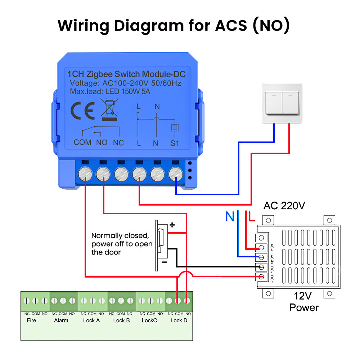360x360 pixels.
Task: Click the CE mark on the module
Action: [x=83, y=111]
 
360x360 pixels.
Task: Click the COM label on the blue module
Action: [x=82, y=143]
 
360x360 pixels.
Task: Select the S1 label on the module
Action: [x=175, y=143]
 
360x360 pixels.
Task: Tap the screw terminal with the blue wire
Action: [x=175, y=174]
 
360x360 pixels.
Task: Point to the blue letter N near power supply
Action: [x=230, y=217]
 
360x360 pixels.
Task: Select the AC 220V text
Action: [x=284, y=206]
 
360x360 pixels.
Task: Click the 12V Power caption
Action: [x=304, y=302]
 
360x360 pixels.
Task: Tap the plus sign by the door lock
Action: [x=172, y=225]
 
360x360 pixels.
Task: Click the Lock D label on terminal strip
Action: [x=179, y=320]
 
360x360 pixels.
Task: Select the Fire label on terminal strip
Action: [x=32, y=320]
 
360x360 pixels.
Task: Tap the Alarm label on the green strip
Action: [x=61, y=320]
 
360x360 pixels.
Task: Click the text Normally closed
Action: [x=120, y=236]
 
